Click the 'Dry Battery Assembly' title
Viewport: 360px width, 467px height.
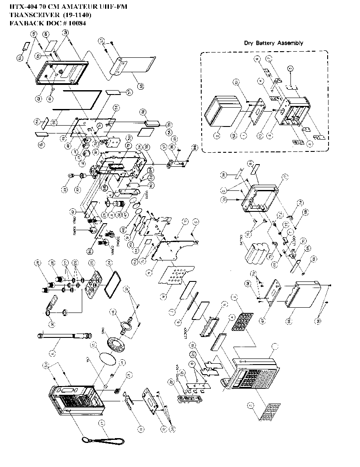(x=273, y=43)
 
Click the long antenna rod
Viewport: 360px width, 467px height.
(x=65, y=336)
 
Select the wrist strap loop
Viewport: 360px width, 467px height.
(x=103, y=439)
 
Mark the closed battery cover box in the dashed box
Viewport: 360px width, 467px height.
(x=224, y=112)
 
